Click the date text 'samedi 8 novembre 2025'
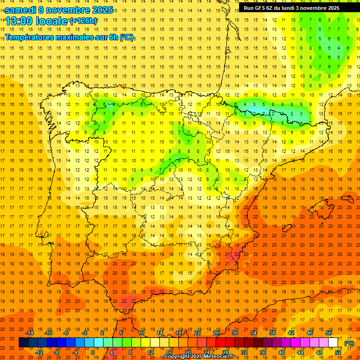[59, 10]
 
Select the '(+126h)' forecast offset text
[83, 21]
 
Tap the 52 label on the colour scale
[338, 352]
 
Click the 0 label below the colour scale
[93, 352]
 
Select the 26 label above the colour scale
[216, 333]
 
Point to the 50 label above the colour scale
[329, 333]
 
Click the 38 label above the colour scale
[272, 333]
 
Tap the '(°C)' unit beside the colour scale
[349, 343]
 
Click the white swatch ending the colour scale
[333, 343]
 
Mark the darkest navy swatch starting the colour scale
[23, 343]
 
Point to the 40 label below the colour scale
[282, 352]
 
